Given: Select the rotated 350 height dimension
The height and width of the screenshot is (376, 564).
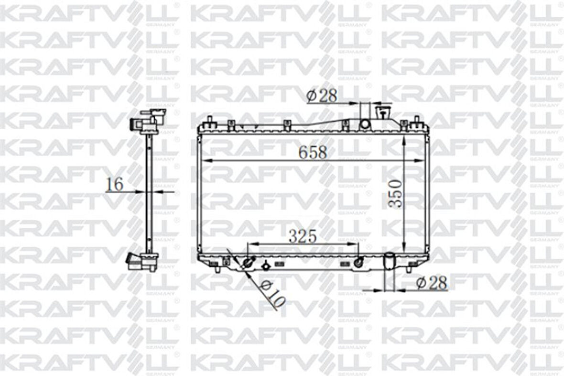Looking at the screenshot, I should (x=395, y=193).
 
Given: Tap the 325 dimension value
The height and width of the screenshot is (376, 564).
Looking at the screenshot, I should (x=303, y=236).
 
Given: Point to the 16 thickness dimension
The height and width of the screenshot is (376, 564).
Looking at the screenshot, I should (x=115, y=184).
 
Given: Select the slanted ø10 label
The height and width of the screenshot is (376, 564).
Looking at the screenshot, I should (x=271, y=293).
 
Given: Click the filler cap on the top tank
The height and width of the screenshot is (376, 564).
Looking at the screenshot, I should (x=383, y=113).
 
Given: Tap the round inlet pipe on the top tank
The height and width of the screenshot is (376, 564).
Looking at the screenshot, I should (x=365, y=124).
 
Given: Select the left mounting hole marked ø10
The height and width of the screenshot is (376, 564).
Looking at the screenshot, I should (x=248, y=262).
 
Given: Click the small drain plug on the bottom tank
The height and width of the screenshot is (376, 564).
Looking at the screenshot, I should (x=266, y=264).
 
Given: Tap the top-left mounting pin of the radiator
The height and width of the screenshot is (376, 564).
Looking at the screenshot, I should (x=209, y=121).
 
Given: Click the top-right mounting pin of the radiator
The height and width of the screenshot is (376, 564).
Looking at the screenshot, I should (x=416, y=120).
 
